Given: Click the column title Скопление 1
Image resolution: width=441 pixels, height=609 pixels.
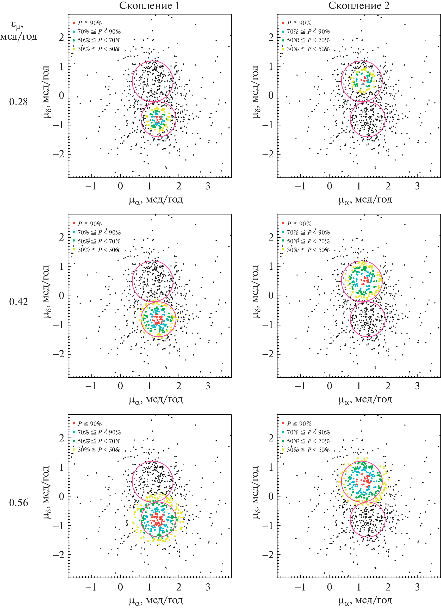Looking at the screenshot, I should point(149,6).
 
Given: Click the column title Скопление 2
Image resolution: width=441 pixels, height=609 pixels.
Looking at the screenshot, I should point(359,6).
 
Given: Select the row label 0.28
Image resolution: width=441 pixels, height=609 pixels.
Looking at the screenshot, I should point(18,102).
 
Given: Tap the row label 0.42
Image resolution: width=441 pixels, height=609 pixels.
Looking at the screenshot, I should point(18,302).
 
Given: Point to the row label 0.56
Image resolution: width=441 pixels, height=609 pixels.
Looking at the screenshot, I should point(18,503).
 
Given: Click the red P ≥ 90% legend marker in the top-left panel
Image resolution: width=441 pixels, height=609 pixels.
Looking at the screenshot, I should point(73,23).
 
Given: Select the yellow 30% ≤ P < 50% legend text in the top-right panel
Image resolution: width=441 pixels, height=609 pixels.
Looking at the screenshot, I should point(308,49).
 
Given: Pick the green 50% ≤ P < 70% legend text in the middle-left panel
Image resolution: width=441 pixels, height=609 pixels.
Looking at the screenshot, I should point(99,241).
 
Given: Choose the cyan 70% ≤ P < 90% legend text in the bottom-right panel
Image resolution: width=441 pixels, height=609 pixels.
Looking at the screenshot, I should point(308,432).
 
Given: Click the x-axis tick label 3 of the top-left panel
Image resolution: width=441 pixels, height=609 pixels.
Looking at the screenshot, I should point(208,186).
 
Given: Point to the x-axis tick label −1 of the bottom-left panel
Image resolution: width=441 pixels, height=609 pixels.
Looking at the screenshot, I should point(91,587).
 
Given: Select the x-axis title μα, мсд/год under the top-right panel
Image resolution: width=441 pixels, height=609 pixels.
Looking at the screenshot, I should point(365,200).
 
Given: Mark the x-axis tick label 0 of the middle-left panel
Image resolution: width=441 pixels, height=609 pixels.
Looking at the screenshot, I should point(120,386).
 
